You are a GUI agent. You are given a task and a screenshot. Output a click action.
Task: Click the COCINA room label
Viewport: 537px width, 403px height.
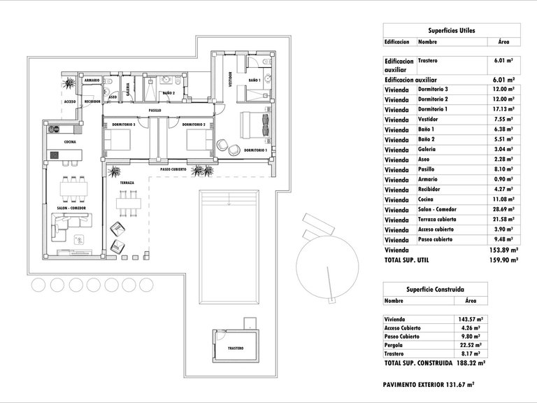click(70, 142)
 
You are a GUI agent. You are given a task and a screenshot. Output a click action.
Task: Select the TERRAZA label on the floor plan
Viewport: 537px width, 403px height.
click(127, 183)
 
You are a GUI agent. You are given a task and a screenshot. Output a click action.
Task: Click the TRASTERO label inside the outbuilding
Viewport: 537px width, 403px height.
click(236, 348)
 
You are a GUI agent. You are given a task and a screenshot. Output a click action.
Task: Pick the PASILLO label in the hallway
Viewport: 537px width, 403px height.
click(155, 111)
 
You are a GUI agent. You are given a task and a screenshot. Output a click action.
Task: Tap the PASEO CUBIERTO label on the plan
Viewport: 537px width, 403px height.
click(173, 169)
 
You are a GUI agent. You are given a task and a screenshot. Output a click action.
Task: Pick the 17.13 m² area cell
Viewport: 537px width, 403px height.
click(503, 110)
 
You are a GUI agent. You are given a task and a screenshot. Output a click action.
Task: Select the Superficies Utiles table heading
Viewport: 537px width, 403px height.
click(451, 31)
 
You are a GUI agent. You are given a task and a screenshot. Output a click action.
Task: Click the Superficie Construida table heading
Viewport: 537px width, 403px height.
click(436, 288)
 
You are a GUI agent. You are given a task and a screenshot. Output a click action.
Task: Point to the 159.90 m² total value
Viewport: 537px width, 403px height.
click(503, 260)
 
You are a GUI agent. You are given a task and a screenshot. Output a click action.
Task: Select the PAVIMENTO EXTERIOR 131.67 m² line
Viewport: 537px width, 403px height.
click(429, 384)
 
